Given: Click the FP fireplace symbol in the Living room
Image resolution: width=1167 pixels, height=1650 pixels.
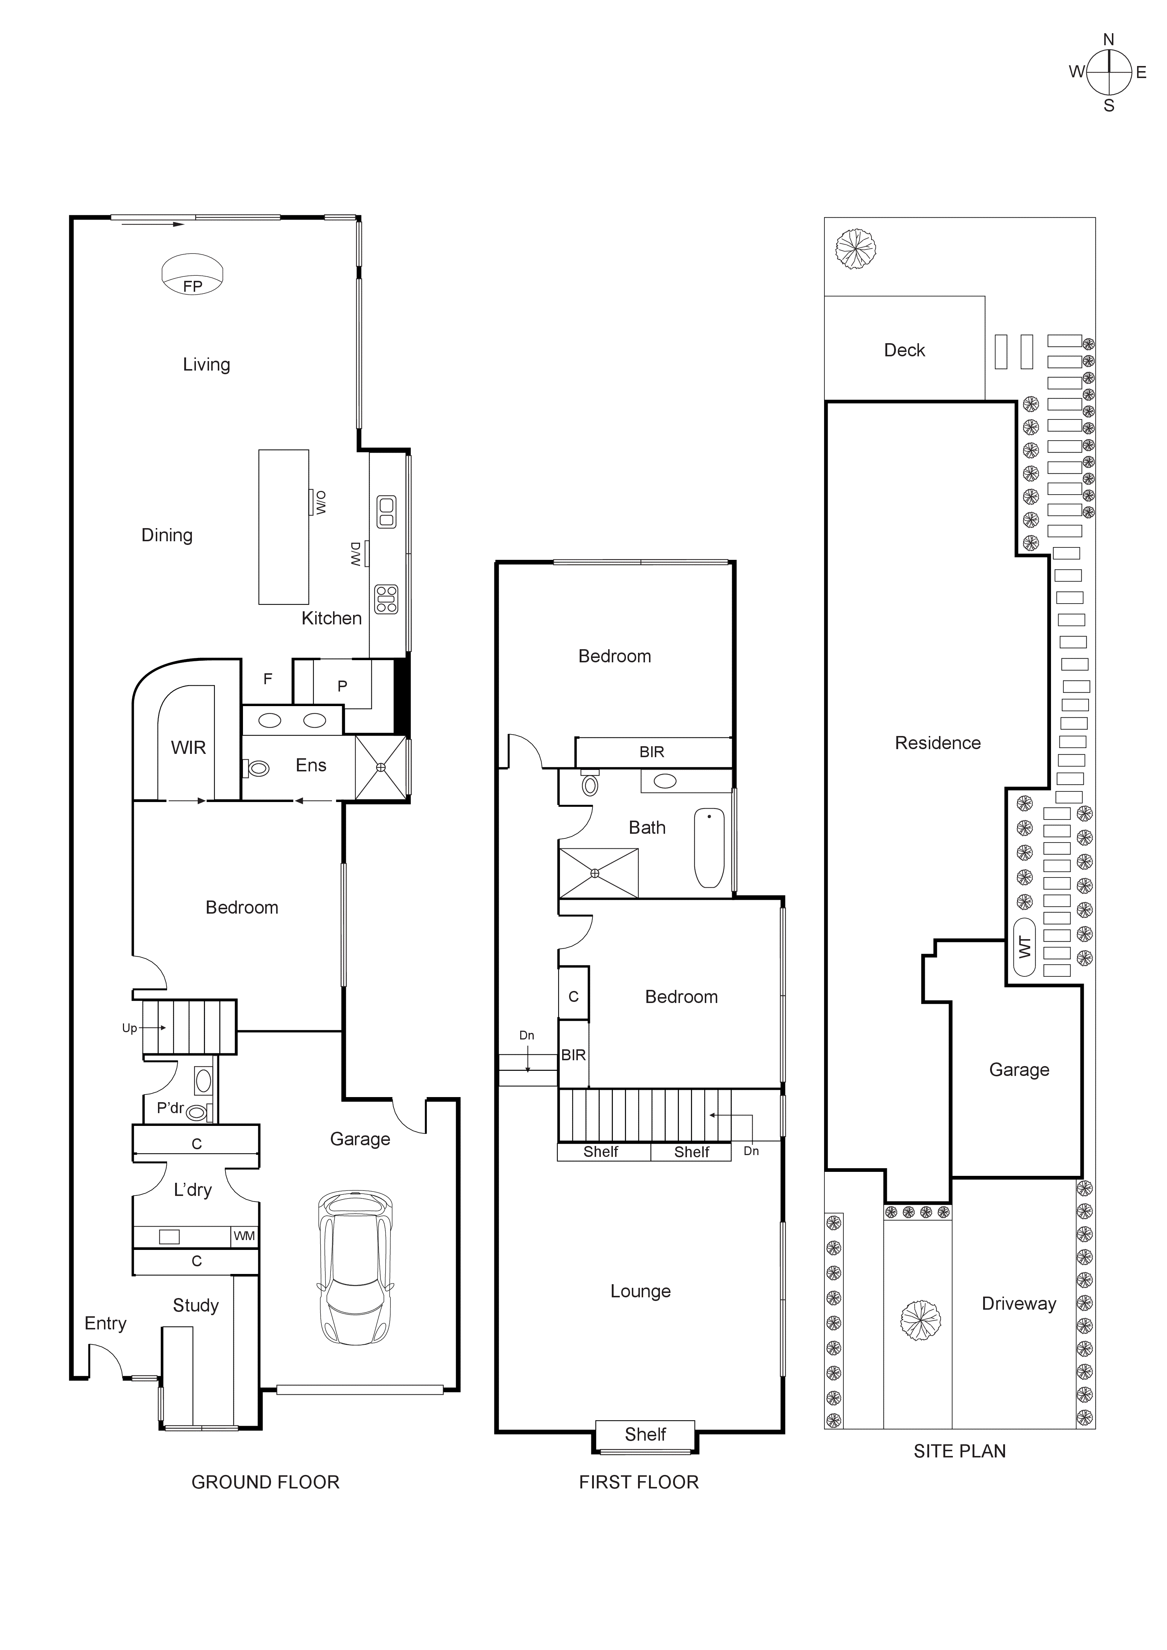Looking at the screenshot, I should click(192, 275).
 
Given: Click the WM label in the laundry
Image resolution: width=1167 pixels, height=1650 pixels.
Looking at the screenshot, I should click(244, 1236).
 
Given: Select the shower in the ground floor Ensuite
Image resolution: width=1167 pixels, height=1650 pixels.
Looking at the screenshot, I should click(381, 767).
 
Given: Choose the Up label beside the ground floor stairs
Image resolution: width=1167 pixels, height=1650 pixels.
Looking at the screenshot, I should click(130, 1028).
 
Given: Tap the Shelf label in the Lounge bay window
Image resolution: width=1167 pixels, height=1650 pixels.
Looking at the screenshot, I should click(645, 1434).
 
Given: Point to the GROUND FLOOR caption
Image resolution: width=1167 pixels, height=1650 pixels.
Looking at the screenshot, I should click(265, 1482).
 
